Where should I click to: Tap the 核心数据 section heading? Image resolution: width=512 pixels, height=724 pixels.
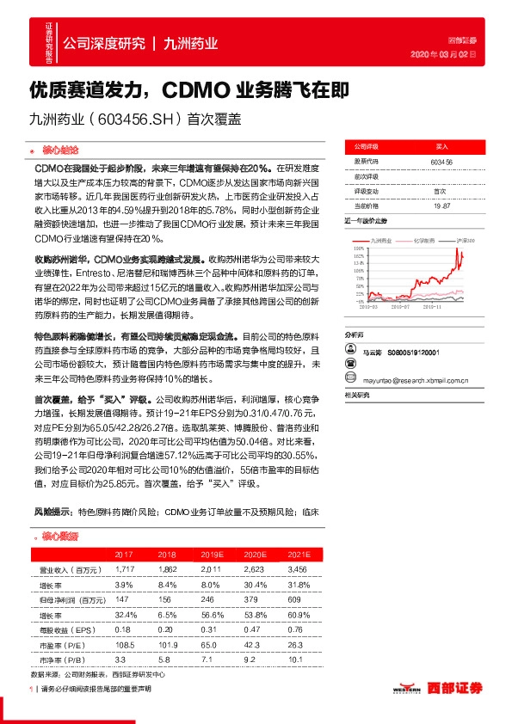point(59,536)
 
